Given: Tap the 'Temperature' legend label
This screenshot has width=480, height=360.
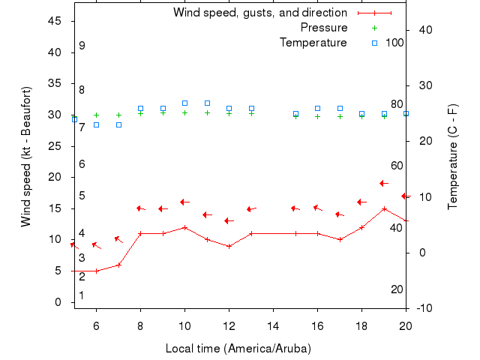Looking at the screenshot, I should pyautogui.click(x=313, y=43).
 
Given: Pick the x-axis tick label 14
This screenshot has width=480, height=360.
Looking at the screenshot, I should pyautogui.click(x=273, y=325).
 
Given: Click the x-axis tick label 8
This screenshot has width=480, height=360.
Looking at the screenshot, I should pyautogui.click(x=140, y=325).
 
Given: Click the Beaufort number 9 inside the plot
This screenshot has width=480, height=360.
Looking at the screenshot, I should pyautogui.click(x=82, y=46).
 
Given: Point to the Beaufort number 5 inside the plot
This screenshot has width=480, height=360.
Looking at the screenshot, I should pyautogui.click(x=82, y=196).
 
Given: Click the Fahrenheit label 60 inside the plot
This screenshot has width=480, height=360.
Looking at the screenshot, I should pyautogui.click(x=397, y=166).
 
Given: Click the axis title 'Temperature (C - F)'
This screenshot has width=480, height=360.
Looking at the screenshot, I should pyautogui.click(x=453, y=156).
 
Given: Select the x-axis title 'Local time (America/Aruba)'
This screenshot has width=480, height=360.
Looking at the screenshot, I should pyautogui.click(x=238, y=349).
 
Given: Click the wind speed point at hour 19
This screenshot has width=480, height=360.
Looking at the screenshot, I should pyautogui.click(x=384, y=208).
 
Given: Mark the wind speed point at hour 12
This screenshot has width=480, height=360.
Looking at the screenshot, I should pyautogui.click(x=229, y=246).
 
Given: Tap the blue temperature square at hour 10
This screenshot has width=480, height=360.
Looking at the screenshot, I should pyautogui.click(x=184, y=103).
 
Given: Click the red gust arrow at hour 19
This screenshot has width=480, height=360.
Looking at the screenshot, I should pyautogui.click(x=383, y=183).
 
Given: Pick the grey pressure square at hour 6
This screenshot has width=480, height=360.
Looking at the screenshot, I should pyautogui.click(x=96, y=124).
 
